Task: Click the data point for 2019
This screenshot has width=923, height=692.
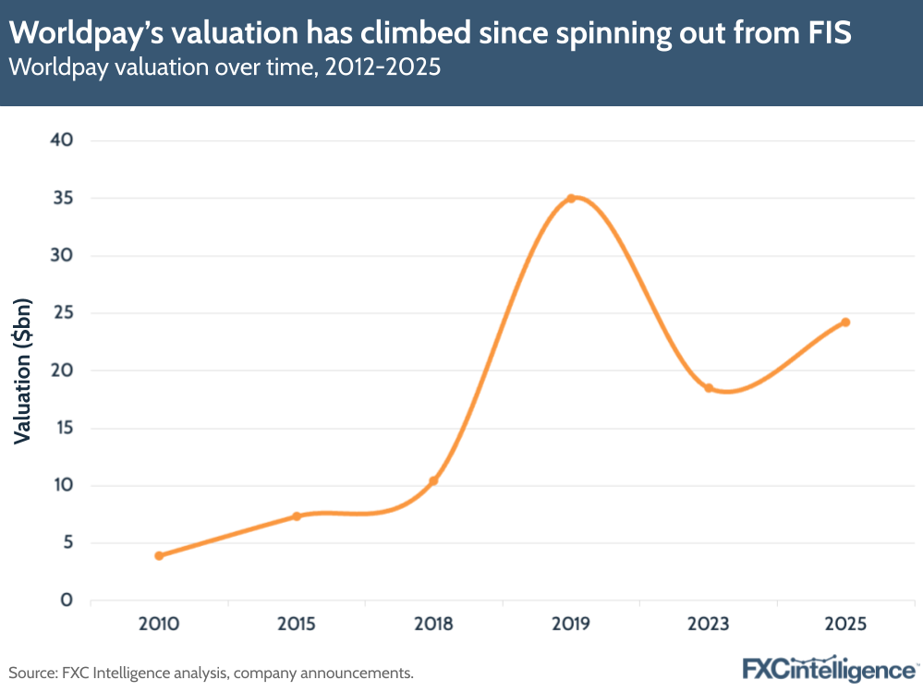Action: click(x=571, y=198)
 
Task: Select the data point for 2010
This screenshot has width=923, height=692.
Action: click(x=159, y=555)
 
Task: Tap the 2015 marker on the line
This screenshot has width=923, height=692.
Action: click(x=297, y=516)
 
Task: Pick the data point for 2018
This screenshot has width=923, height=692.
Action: click(x=433, y=480)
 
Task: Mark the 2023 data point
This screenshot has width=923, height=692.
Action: click(x=709, y=388)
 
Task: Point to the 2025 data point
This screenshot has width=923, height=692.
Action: click(x=845, y=322)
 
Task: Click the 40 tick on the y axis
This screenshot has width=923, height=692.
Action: click(x=61, y=140)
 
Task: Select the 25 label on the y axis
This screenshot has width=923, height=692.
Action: click(x=61, y=313)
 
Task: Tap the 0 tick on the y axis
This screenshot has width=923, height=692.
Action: click(x=67, y=601)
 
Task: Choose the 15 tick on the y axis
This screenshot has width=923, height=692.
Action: click(x=61, y=428)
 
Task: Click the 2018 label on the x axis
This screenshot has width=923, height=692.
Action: click(x=433, y=625)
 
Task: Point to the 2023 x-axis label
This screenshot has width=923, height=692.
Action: click(x=709, y=625)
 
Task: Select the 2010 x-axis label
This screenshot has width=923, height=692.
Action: click(x=159, y=625)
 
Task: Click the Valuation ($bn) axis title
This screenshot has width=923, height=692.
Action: click(x=23, y=370)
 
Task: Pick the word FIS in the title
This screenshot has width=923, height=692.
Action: click(x=829, y=34)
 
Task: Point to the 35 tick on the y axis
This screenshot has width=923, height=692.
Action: click(x=61, y=198)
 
